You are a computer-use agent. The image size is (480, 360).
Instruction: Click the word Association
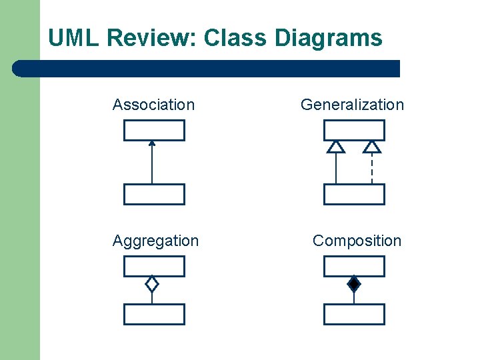point(153,105)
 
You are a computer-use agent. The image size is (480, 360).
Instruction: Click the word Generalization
point(352,105)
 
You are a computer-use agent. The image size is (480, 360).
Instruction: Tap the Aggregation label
point(155,241)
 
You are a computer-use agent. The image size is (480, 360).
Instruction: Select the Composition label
point(357,241)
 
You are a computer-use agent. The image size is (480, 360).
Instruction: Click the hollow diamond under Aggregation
point(152,284)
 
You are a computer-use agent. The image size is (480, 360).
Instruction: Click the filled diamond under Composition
point(354,284)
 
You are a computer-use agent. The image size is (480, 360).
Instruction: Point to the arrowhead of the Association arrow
point(152,143)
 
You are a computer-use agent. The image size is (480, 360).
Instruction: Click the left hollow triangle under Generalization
point(336,147)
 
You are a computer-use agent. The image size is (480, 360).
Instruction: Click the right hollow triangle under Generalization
point(372,147)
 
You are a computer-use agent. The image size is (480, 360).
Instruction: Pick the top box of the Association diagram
point(154,131)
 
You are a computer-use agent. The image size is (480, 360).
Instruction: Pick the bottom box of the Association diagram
point(154,194)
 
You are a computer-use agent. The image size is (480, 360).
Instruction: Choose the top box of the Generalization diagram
point(354,131)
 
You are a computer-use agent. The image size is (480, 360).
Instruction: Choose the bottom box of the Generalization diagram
point(354,194)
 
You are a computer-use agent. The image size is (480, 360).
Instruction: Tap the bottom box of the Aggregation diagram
point(154,314)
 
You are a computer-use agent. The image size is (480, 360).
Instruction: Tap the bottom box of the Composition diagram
point(354,314)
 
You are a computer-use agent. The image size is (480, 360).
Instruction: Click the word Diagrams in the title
point(329,38)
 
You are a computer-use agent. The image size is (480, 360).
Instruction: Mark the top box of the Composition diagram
point(354,267)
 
